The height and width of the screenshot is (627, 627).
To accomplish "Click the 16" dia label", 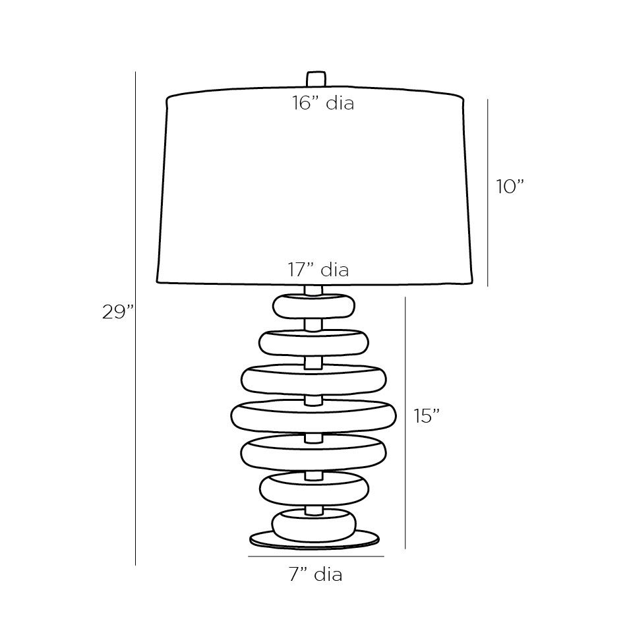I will [x=323, y=104].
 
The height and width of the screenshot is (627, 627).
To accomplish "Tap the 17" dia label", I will [x=318, y=270].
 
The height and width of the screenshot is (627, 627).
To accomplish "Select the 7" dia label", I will [x=315, y=575].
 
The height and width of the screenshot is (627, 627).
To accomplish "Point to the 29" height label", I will [x=118, y=313].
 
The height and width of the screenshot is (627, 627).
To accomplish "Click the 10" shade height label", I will [x=510, y=187].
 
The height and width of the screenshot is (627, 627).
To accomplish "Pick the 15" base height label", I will [x=427, y=416].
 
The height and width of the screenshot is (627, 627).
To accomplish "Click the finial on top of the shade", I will [x=316, y=78].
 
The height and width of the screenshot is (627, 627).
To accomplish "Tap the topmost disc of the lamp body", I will [x=313, y=306].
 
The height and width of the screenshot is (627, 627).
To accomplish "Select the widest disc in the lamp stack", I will [x=313, y=415].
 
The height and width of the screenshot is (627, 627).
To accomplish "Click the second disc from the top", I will [x=313, y=342].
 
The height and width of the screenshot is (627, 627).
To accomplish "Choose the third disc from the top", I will [x=313, y=379].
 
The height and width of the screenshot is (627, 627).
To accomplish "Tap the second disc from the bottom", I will [x=313, y=489].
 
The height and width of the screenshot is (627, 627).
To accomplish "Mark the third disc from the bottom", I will [x=313, y=453].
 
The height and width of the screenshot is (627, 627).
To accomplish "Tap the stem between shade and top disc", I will [x=314, y=289].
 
